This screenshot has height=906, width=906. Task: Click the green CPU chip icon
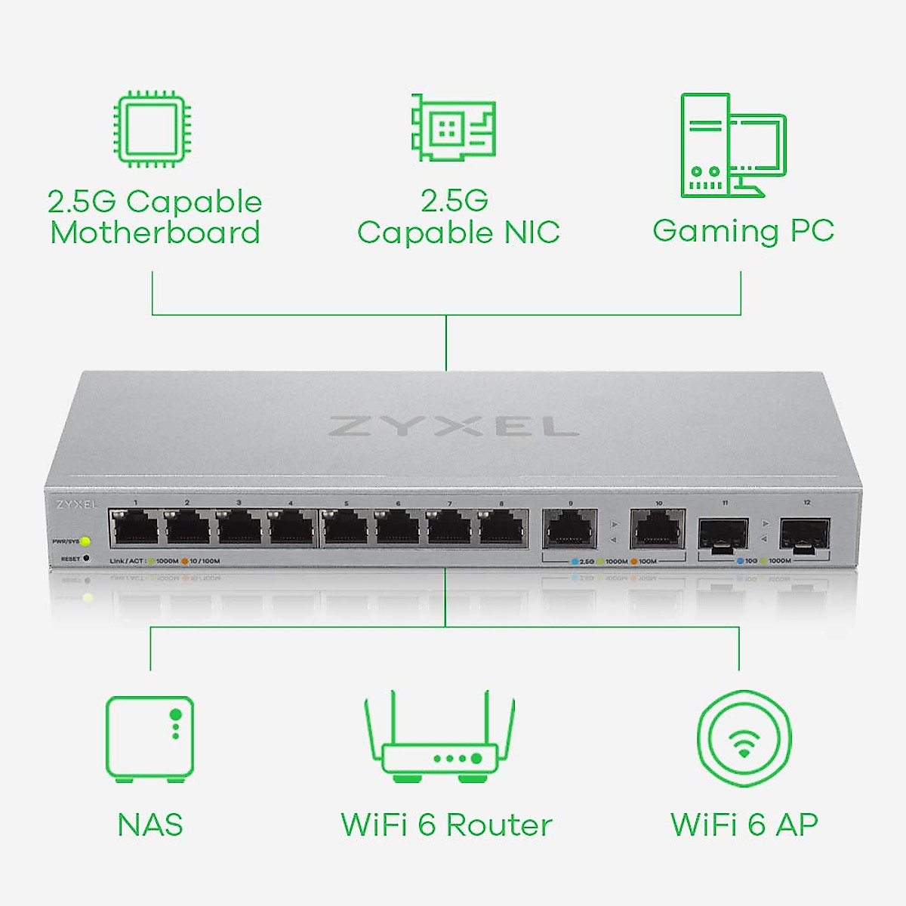(152, 128)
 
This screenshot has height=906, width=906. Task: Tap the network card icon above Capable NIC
(454, 128)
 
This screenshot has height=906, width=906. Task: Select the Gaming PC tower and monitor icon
(733, 146)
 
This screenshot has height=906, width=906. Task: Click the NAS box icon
(150, 738)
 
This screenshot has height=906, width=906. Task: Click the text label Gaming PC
(744, 231)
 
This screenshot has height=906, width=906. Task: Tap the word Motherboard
(155, 233)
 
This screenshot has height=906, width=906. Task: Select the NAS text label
(150, 824)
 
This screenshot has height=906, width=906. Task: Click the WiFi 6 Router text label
(446, 824)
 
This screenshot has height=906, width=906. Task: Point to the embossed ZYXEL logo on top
(454, 427)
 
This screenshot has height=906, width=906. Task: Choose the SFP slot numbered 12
(806, 533)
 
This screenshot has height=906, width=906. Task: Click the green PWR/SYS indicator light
(85, 541)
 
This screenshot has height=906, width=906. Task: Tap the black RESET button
(86, 559)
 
